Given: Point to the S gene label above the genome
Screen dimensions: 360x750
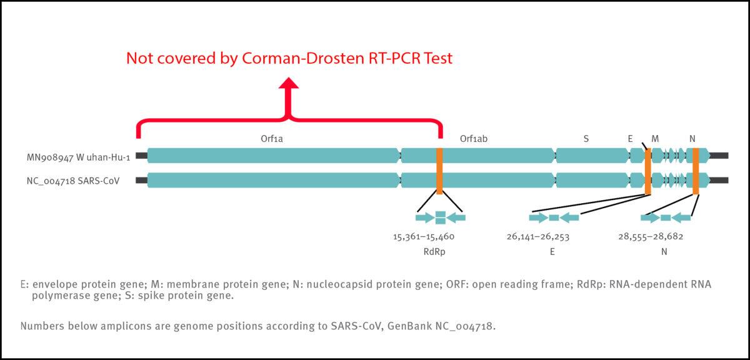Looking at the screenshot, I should point(586,139).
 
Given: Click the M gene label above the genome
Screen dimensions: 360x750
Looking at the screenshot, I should point(654,139).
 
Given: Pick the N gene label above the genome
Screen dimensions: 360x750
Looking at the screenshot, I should point(692,139).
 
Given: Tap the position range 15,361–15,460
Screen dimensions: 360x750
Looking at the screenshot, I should point(423,237).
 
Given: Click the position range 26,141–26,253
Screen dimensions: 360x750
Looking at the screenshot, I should point(537,237).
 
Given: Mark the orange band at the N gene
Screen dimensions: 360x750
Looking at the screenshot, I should point(696,170).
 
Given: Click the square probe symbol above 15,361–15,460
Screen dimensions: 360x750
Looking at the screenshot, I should point(440,217).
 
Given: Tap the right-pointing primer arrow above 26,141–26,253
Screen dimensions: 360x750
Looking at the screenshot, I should point(537,217).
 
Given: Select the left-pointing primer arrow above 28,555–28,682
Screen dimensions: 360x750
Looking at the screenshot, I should point(682,217).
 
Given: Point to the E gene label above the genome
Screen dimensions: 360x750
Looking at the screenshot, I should point(630,139).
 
